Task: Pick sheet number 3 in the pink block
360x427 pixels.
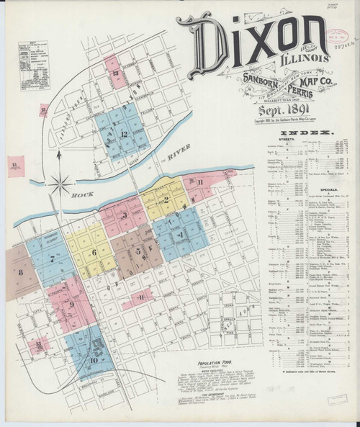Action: (x=125, y=215)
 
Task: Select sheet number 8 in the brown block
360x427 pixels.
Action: (x=22, y=272)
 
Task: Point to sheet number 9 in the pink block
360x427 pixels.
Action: (x=72, y=305)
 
